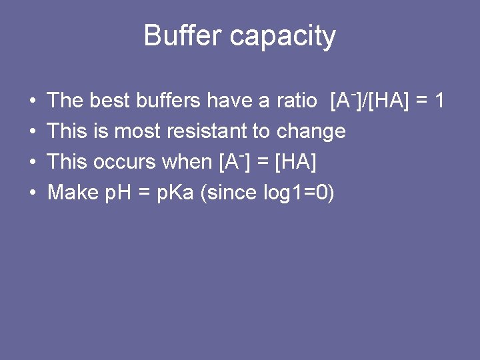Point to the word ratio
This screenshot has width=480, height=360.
[x=297, y=101]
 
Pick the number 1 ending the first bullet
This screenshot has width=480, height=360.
[x=439, y=101]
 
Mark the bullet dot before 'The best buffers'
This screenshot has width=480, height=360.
[x=33, y=101]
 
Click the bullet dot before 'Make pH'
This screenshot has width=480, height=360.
[x=33, y=193]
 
